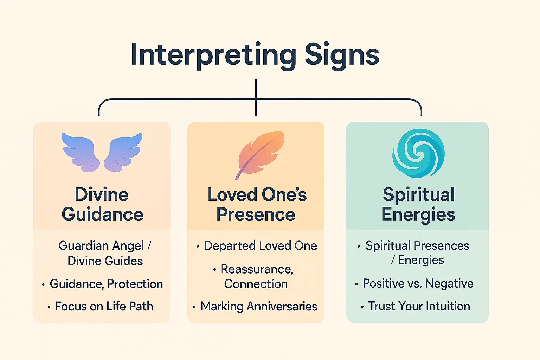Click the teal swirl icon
418,153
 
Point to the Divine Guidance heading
102,204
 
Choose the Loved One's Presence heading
257,204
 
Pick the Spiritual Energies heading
418,204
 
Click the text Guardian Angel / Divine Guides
105,253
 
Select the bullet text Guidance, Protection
106,284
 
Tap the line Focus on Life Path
104,306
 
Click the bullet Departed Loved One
261,246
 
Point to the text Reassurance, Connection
257,276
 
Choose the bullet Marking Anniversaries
259,306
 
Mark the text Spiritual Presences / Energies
417,252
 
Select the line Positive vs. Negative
418,283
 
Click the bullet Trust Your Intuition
419,306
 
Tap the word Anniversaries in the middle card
282,306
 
